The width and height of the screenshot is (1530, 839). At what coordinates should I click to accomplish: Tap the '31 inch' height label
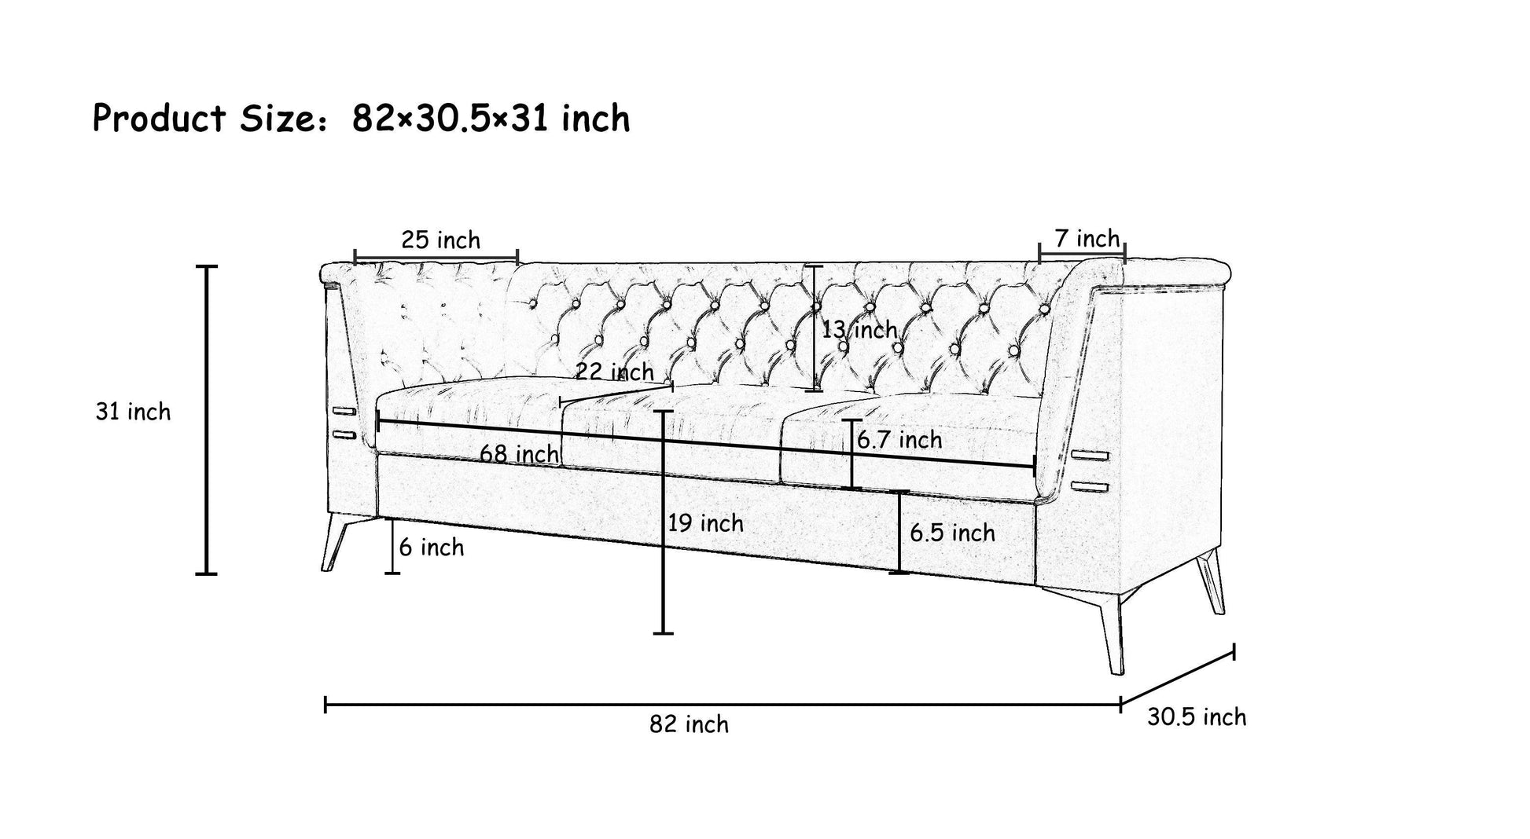pyautogui.click(x=133, y=412)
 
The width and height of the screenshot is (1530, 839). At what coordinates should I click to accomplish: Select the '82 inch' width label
pyautogui.click(x=689, y=724)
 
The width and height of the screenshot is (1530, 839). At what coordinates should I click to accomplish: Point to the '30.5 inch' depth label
pyautogui.click(x=1196, y=717)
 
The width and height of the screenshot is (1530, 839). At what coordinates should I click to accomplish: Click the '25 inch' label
pyautogui.click(x=440, y=240)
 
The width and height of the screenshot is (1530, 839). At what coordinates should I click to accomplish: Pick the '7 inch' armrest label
pyautogui.click(x=1087, y=238)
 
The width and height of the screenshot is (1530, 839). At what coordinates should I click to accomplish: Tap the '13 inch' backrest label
pyautogui.click(x=859, y=330)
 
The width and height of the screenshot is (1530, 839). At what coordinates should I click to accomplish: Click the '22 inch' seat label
pyautogui.click(x=614, y=372)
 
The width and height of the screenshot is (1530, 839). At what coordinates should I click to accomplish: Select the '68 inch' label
pyautogui.click(x=519, y=454)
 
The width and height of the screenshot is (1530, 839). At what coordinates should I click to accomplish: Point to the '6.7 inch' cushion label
pyautogui.click(x=899, y=440)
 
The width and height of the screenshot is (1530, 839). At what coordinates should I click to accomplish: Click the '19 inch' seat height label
pyautogui.click(x=705, y=523)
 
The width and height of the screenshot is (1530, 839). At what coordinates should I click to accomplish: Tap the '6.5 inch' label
pyautogui.click(x=952, y=533)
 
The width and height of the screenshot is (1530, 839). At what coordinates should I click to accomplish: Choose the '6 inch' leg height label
pyautogui.click(x=431, y=548)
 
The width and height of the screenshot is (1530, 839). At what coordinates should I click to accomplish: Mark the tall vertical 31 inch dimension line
pyautogui.click(x=207, y=420)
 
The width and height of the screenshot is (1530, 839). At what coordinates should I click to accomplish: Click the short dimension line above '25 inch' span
pyautogui.click(x=436, y=257)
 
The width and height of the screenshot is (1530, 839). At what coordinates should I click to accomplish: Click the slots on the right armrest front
pyautogui.click(x=1089, y=471)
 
